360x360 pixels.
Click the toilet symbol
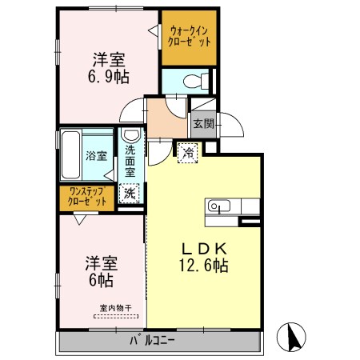(196, 81)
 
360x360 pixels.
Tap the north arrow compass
(291, 337)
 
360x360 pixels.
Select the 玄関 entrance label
(204, 124)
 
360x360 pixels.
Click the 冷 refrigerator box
(188, 153)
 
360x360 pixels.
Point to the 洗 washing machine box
(130, 194)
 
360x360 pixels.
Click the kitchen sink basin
(218, 206)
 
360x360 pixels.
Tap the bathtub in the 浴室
(71, 155)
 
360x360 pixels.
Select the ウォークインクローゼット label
(189, 37)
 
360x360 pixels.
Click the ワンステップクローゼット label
(87, 197)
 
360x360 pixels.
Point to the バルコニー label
(152, 341)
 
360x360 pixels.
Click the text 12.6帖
(203, 266)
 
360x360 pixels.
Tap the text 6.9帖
(109, 77)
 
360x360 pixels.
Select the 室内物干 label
(115, 308)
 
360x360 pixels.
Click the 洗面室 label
(130, 161)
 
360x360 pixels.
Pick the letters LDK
(204, 249)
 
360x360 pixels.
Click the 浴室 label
(96, 156)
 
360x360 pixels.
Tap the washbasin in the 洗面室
(131, 135)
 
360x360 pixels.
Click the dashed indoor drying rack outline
(116, 317)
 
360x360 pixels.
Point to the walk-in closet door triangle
(154, 30)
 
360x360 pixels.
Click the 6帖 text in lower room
(101, 281)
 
